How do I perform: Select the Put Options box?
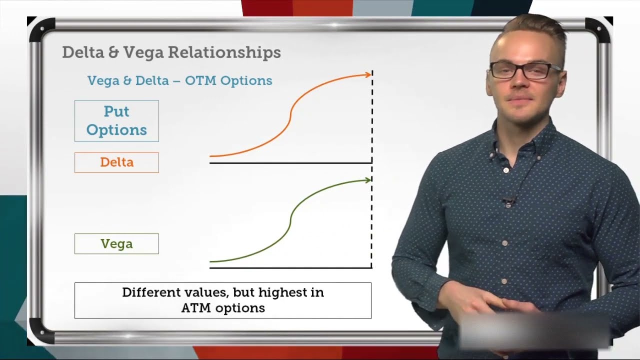[x=116, y=120]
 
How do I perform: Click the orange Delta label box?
[x=116, y=162]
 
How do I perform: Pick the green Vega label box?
[x=116, y=243]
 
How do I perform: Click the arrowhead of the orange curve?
[x=368, y=75]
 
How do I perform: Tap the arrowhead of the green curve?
[x=368, y=179]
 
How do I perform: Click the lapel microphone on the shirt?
[x=508, y=201]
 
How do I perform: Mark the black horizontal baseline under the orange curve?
[x=290, y=162]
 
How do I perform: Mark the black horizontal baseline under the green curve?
[x=290, y=267]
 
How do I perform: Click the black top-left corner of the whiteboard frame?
[x=40, y=29]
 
